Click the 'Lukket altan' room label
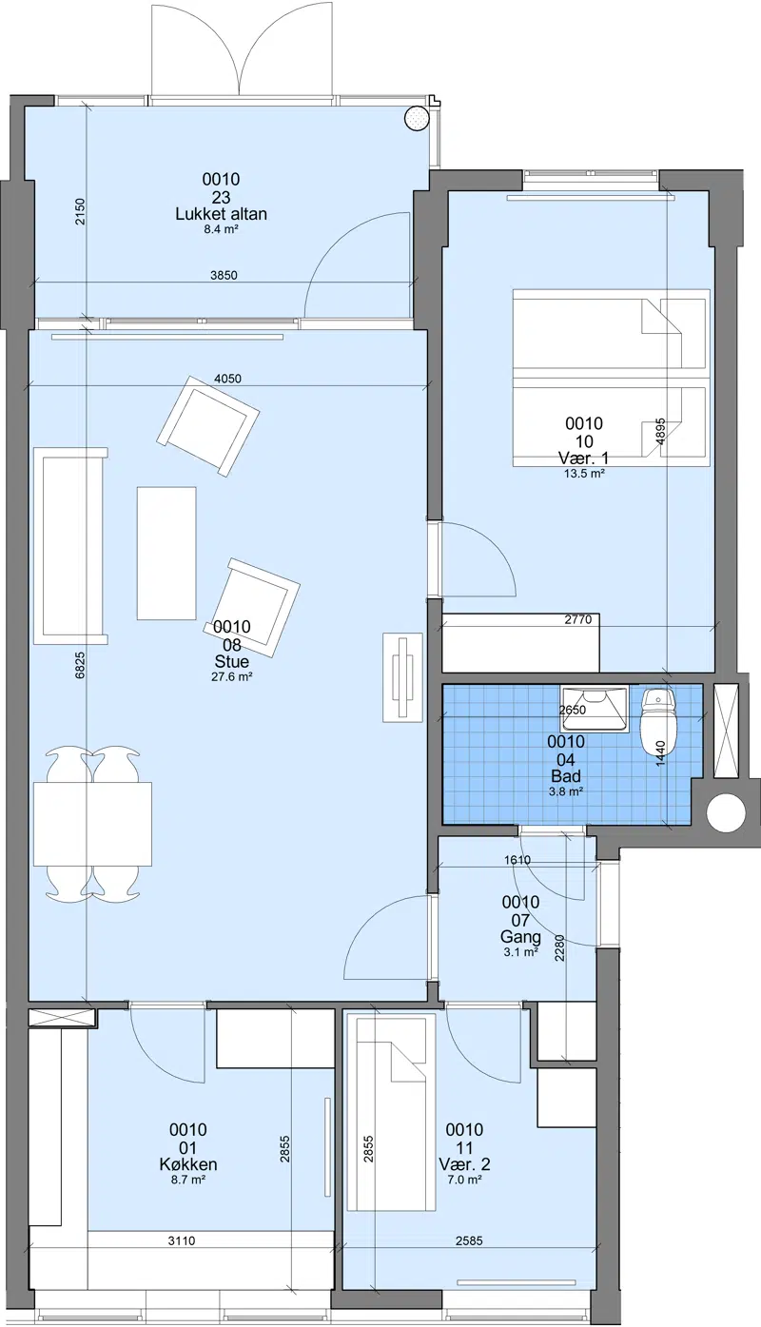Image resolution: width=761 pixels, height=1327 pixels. [221, 214]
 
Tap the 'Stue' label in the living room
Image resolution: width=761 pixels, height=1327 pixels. [231, 661]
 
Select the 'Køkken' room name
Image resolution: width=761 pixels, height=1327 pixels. [188, 1164]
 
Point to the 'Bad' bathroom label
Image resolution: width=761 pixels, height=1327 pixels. [566, 776]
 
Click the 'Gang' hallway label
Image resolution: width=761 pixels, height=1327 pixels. [520, 937]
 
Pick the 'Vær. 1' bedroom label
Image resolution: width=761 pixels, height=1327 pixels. [583, 459]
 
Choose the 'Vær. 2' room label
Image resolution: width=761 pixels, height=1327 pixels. [464, 1164]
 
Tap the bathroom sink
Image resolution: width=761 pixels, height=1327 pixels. [594, 708]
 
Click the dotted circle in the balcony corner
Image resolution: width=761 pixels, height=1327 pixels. [415, 119]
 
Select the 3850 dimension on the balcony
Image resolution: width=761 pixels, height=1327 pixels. [224, 276]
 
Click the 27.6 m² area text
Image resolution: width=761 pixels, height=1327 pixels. [232, 676]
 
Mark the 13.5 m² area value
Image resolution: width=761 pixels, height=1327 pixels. [584, 474]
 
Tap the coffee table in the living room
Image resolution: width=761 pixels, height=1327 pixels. [166, 553]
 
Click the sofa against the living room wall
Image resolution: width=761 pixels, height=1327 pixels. [71, 546]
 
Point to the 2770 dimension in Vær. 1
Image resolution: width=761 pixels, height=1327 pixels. [578, 619]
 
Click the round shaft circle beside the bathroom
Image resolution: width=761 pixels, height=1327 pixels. [725, 812]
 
